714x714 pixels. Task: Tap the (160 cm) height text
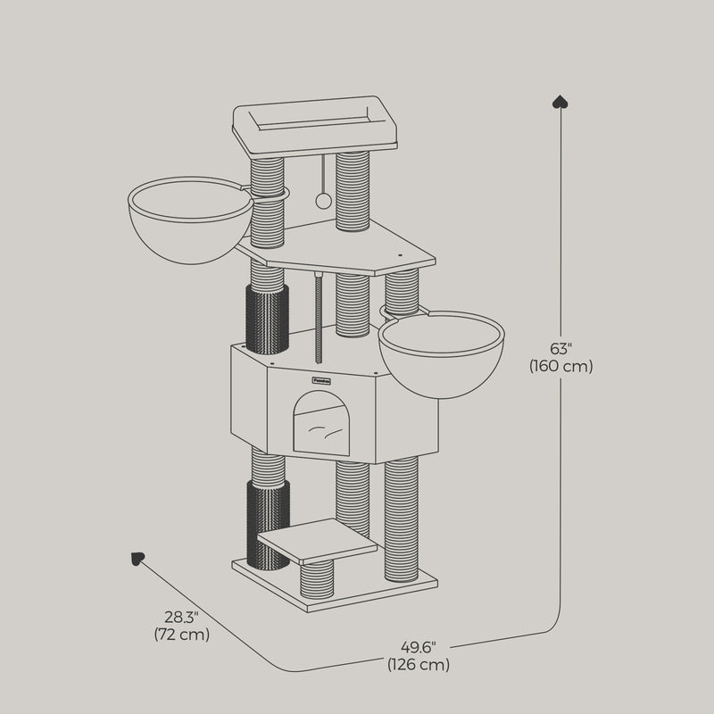tap(560, 366)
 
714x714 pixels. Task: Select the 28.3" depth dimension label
tap(181, 618)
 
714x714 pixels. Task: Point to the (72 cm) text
tap(181, 635)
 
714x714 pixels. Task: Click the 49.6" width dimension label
tap(419, 647)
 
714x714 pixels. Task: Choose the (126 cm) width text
tap(419, 665)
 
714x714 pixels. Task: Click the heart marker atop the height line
tap(560, 100)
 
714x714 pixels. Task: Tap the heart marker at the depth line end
tap(137, 559)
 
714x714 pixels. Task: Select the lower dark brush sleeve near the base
tap(268, 523)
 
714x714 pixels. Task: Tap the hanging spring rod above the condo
tap(319, 317)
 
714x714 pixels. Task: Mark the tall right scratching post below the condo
tap(402, 518)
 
